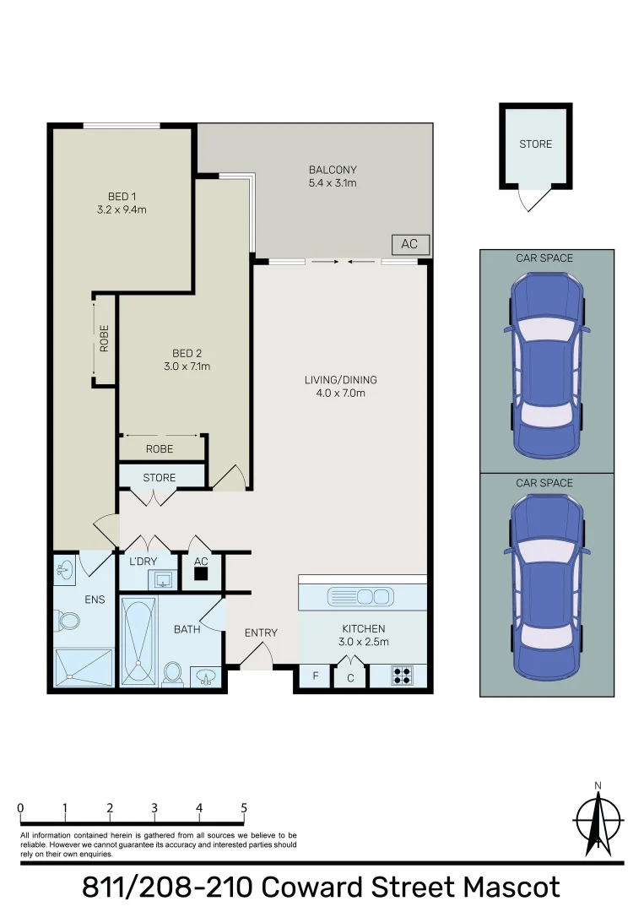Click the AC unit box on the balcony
(409, 244)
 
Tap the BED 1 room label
(122, 197)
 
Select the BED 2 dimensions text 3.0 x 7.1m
(187, 366)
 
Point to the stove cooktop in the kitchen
(403, 676)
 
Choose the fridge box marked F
(316, 676)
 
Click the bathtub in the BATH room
(138, 641)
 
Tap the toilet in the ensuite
(68, 621)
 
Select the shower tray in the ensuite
(84, 667)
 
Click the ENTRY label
(261, 632)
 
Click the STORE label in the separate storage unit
(535, 144)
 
